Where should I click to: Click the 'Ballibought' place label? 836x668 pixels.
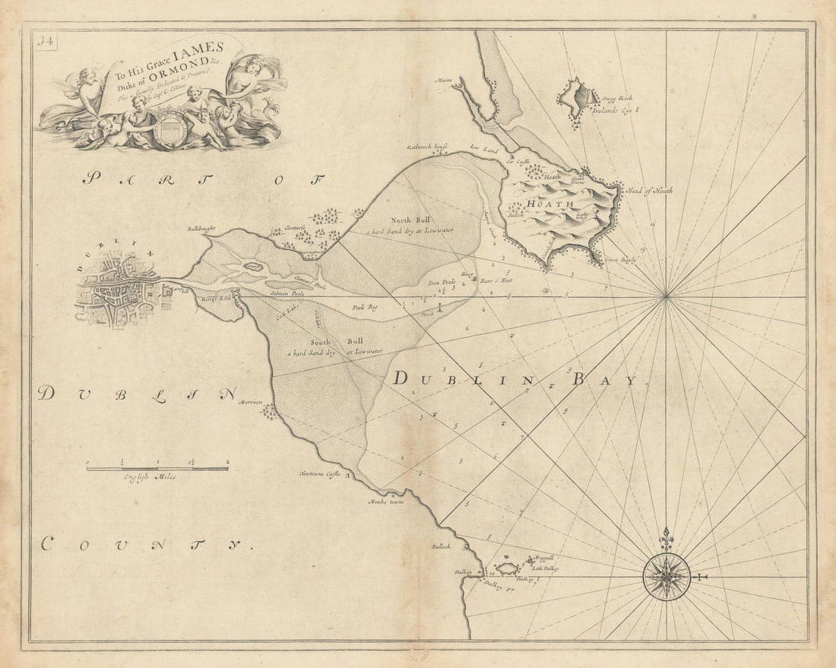coord(201,228)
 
